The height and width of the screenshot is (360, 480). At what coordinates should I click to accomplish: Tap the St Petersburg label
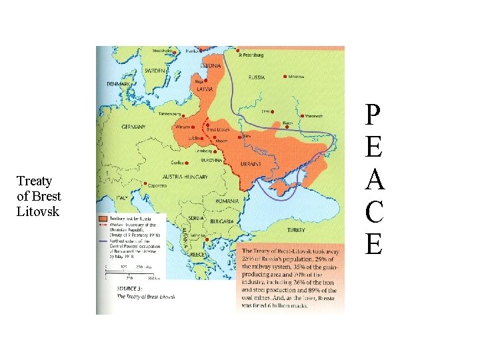[x=251, y=54]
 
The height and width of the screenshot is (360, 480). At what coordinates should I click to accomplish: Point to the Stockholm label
[x=162, y=51]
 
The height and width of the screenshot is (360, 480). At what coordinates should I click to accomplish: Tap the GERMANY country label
[x=134, y=127]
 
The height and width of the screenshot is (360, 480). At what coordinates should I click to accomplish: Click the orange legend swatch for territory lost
[x=103, y=218]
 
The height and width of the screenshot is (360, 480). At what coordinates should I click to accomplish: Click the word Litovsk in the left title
[x=38, y=211]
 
